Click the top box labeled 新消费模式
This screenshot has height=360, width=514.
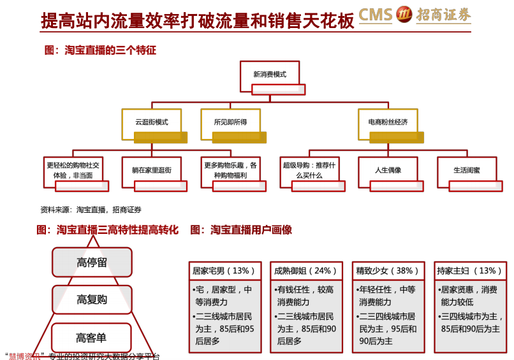tap(270, 76)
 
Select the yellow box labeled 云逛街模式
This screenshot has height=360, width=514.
tap(151, 124)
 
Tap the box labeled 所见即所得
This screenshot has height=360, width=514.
tap(230, 124)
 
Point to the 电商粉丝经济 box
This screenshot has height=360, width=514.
tap(388, 124)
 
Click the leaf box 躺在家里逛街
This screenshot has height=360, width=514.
tap(151, 172)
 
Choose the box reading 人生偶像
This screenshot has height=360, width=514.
tap(388, 172)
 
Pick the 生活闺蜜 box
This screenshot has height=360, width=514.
tap(467, 172)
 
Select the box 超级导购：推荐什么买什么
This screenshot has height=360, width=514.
tap(309, 172)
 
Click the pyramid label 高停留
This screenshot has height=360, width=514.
tap(92, 262)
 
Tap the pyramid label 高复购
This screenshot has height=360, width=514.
tap(92, 299)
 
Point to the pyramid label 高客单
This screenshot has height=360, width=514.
tap(91, 338)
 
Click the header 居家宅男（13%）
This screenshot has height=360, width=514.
tap(225, 271)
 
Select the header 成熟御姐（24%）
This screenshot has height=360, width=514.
tap(306, 271)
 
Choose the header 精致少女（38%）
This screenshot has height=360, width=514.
tap(388, 271)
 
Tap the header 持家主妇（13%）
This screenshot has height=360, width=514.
tap(470, 271)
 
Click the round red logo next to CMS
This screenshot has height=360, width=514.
tap(404, 15)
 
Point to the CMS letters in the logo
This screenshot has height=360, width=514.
tap(376, 15)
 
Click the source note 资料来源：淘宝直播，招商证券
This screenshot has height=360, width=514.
tap(91, 210)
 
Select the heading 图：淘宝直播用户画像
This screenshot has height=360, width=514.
tap(241, 229)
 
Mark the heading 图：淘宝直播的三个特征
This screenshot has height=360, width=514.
tap(100, 50)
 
